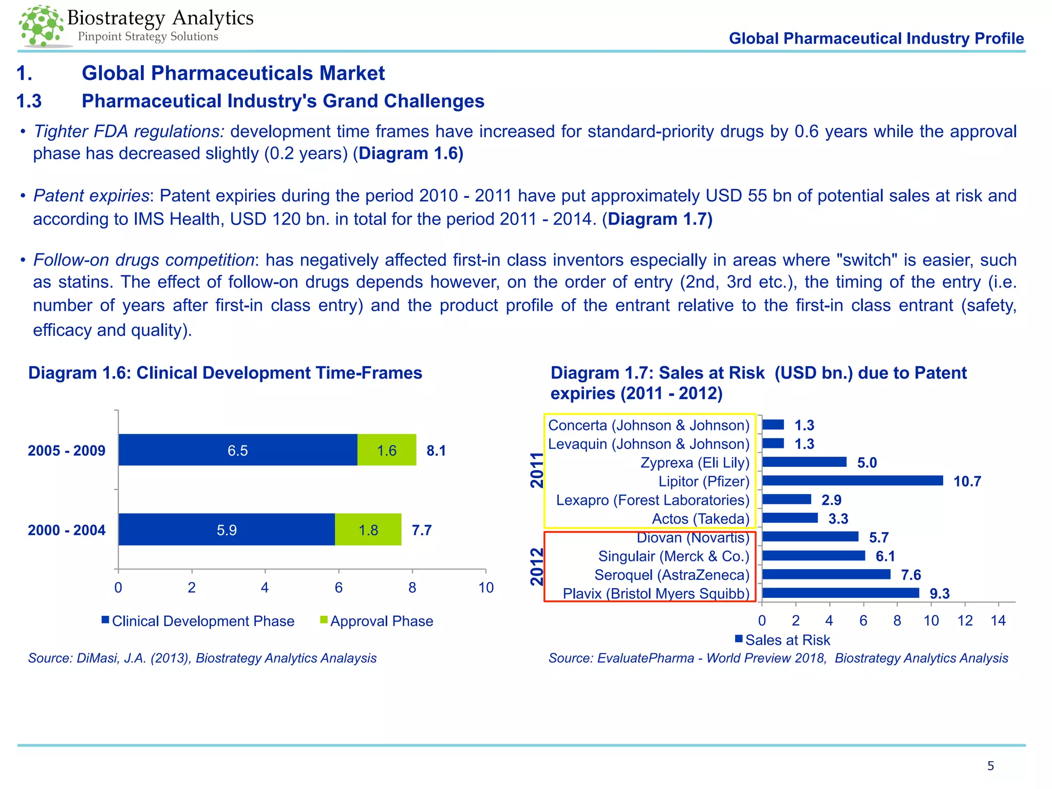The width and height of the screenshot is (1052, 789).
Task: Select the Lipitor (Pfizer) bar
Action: pos(852,481)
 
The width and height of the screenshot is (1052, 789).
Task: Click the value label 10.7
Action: pos(967,482)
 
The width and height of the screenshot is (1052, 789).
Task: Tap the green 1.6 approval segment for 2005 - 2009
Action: pos(386,450)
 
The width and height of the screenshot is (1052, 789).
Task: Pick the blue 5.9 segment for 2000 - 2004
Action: pos(227,530)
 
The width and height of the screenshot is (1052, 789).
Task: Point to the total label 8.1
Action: pos(436,451)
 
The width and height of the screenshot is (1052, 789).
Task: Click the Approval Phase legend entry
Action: pos(376,621)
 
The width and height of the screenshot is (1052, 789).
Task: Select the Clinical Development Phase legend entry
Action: pos(198,621)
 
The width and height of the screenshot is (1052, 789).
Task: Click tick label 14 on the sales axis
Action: pos(998,621)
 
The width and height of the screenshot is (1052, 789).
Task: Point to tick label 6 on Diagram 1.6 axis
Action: pos(339,588)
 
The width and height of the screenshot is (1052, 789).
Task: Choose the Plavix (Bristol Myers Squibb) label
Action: pos(656,594)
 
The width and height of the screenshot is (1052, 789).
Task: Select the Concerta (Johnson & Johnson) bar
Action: pos(773,425)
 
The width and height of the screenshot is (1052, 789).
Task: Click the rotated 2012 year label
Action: pos(537,567)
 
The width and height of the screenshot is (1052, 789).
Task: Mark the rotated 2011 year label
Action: pos(537,470)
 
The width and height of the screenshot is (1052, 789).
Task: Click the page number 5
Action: pos(990,766)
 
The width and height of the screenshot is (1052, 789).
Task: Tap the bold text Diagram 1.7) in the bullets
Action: pos(660,219)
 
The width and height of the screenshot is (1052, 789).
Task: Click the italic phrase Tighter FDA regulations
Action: pos(129,131)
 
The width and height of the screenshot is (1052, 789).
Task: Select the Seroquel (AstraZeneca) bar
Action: pos(826,575)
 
